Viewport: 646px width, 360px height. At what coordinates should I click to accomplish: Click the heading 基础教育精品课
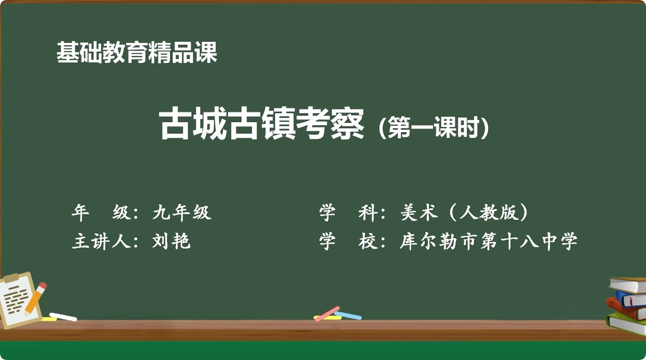click(x=137, y=53)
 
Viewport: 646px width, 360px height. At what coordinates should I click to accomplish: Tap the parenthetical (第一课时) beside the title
click(x=434, y=127)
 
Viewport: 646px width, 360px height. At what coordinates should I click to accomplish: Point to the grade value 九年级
click(x=182, y=213)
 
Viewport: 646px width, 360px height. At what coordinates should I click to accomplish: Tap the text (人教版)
click(x=488, y=213)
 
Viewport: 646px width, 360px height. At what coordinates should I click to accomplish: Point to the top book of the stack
click(x=629, y=284)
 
